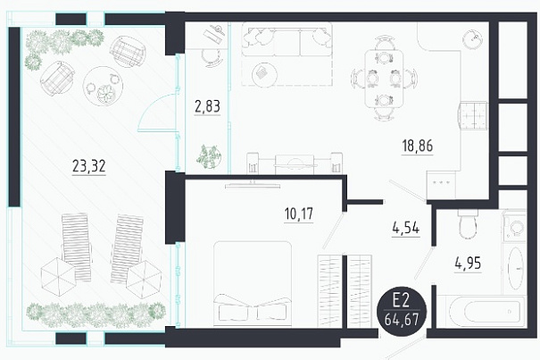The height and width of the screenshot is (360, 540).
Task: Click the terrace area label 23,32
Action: pos(89,166)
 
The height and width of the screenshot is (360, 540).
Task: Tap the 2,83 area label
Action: pos(207,106)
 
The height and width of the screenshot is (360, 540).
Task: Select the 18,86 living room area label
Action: pos(418,146)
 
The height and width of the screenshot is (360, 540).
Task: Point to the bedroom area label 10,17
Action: pos(299,213)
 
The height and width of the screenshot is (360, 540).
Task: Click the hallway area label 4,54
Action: pos(406,228)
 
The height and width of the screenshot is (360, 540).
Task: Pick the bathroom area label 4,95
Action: pos(468,264)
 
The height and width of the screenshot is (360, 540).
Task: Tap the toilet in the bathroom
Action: pos(468,223)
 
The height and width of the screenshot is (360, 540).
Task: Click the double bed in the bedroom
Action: pos(253,283)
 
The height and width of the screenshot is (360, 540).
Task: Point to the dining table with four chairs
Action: pos(384,79)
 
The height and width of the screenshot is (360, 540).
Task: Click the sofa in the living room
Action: pos(287,39)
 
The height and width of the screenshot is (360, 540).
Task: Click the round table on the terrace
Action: pos(103,86)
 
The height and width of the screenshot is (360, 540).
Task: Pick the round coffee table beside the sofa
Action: pos(264,74)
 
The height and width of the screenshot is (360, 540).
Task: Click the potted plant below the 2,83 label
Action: pos(208,156)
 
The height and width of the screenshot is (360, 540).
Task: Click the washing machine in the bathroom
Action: pos(514,227)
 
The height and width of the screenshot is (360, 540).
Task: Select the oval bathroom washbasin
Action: pos(516,268)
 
